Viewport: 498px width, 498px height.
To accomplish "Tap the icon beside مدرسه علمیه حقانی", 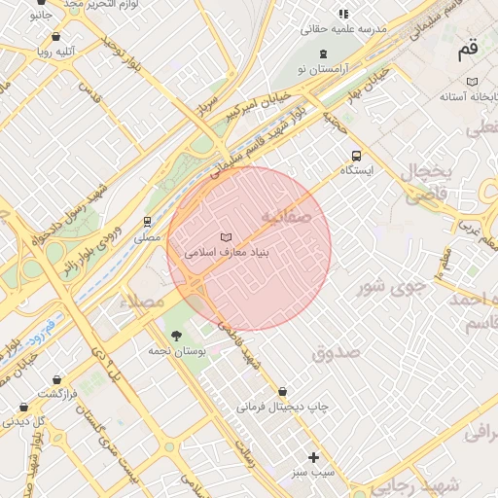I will click(x=343, y=14).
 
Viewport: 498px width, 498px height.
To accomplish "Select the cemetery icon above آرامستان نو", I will click(x=324, y=51).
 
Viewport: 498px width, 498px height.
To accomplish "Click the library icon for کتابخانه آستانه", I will click(x=473, y=82).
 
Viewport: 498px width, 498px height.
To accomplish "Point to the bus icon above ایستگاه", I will click(x=356, y=156).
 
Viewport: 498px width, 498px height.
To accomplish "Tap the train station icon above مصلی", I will click(x=148, y=222).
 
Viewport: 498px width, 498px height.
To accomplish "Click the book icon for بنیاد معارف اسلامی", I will click(x=227, y=237).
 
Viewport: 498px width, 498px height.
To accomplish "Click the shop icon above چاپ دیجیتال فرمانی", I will click(x=283, y=392).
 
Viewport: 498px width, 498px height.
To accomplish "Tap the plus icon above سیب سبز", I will click(x=313, y=457).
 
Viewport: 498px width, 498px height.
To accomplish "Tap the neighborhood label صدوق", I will click(x=338, y=351).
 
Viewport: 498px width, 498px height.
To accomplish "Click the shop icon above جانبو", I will click(x=37, y=3).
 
